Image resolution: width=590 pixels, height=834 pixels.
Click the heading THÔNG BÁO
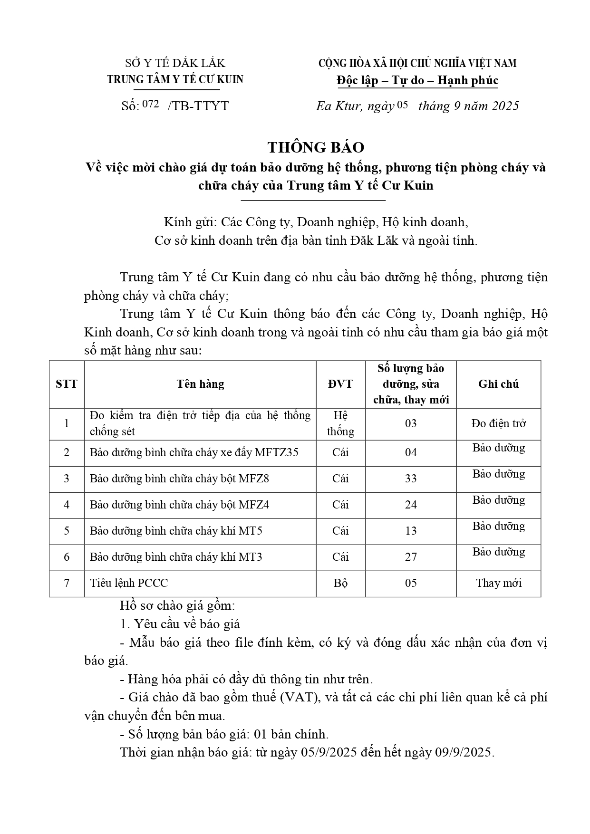coord(316,147)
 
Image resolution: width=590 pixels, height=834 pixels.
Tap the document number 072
coord(150,105)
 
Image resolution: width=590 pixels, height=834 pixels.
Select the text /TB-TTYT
coord(198,106)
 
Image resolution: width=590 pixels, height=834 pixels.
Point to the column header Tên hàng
coord(200,384)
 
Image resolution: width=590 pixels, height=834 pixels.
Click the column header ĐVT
coord(340,384)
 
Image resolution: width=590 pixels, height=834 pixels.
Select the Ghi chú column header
coord(498,384)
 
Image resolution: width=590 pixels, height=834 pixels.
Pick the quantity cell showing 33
coord(411,479)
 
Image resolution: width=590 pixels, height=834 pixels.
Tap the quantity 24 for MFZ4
coord(411,505)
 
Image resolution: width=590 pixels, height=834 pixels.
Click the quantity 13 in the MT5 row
coord(411,531)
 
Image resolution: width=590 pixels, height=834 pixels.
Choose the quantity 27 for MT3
coord(411,557)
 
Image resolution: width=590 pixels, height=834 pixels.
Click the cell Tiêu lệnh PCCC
coord(129,583)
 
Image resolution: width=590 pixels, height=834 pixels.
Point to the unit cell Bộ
coord(340,583)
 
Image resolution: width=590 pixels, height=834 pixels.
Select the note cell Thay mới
coord(498,583)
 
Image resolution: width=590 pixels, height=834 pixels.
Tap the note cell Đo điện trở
coord(498,423)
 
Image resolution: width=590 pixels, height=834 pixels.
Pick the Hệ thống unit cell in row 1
coord(340,423)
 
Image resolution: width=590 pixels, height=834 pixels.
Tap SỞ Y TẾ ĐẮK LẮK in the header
coord(175,63)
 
